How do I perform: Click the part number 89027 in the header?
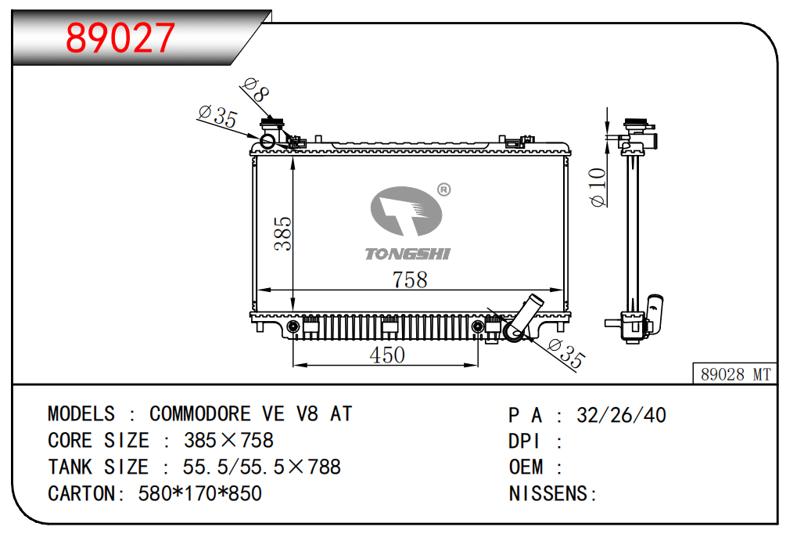point(121,37)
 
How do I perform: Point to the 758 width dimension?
point(410,280)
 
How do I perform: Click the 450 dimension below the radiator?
point(387,355)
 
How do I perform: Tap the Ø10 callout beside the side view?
point(598,188)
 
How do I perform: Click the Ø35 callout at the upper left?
point(217,117)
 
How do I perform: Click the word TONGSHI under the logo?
point(407,253)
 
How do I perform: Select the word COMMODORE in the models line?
point(200,413)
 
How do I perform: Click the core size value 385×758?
point(228,440)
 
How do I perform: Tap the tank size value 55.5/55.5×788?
point(261,467)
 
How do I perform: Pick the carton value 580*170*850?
point(199,493)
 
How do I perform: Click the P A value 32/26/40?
point(621,415)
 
